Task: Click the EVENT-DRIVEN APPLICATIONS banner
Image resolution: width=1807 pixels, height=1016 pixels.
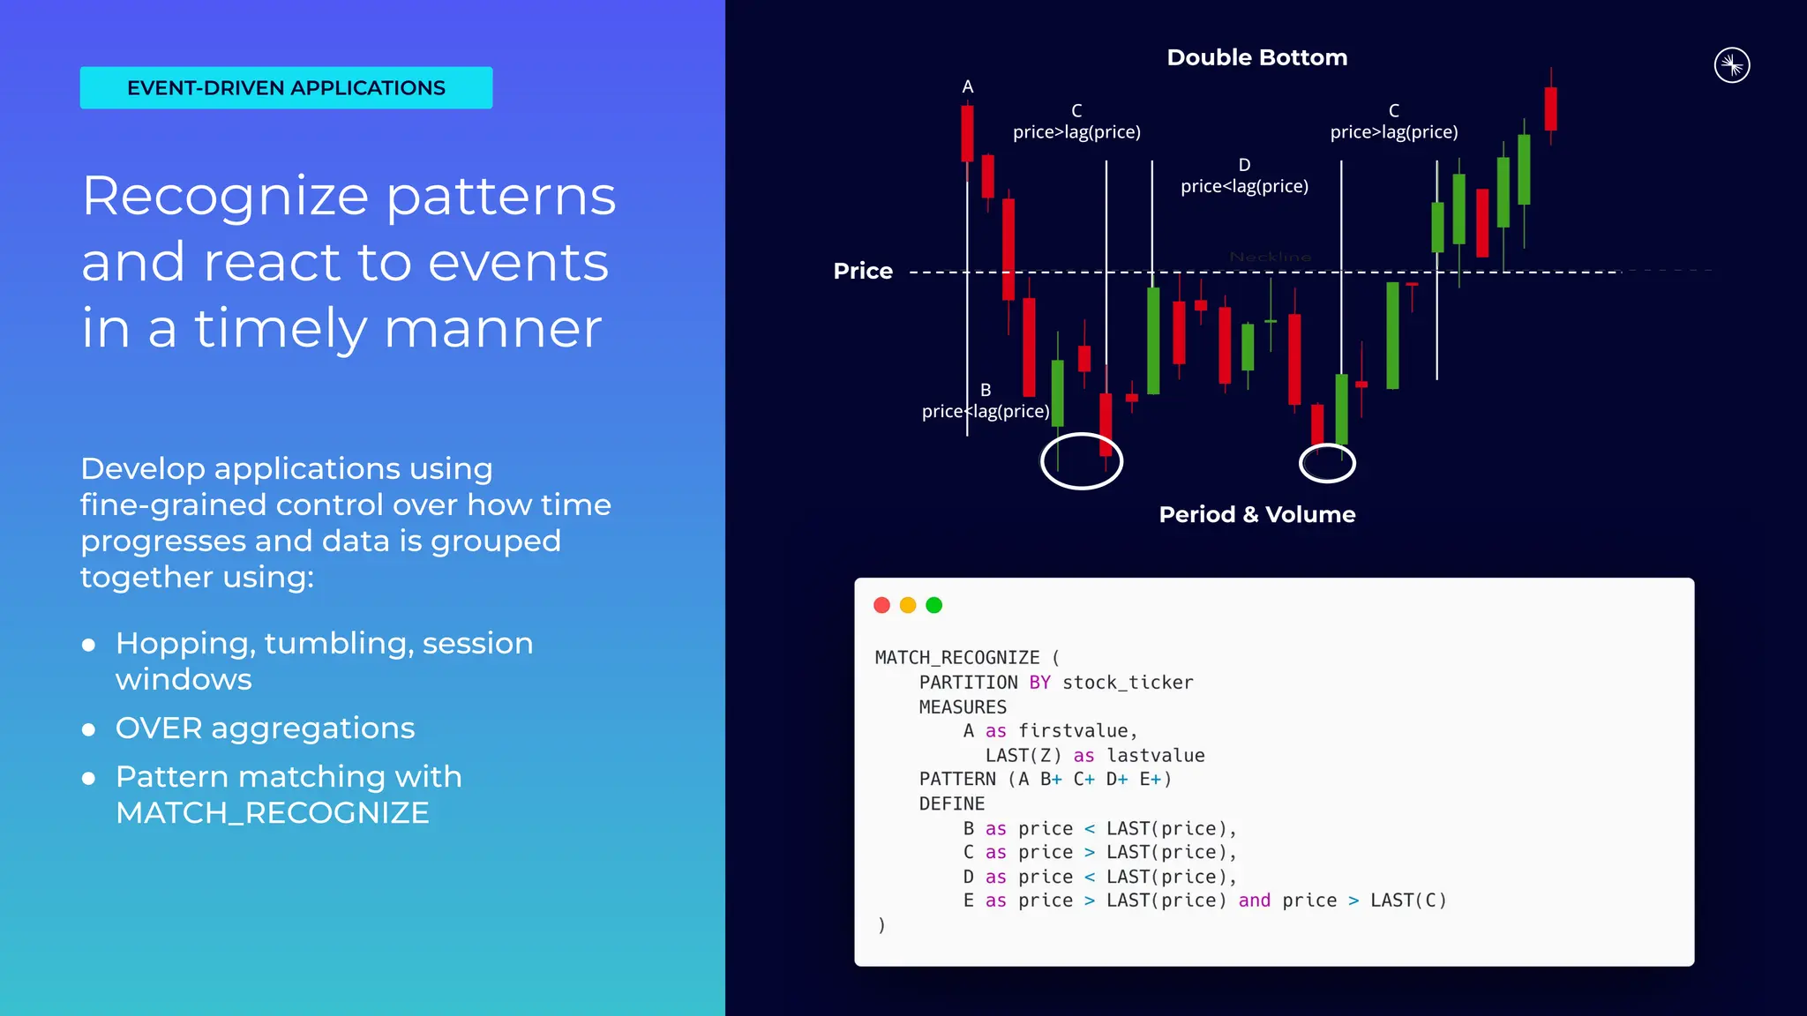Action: (x=286, y=88)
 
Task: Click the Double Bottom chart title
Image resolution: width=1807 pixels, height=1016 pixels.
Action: (x=1256, y=58)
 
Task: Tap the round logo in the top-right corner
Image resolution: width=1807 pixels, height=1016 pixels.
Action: (x=1731, y=65)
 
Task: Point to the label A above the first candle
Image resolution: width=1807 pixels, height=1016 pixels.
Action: (x=968, y=87)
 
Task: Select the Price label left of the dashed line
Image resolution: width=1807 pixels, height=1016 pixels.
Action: (x=862, y=271)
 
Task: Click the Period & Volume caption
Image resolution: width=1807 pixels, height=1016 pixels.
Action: (x=1256, y=515)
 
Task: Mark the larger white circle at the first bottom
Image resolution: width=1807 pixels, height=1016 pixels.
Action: (x=1081, y=460)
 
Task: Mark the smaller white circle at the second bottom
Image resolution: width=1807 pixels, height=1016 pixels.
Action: (x=1326, y=463)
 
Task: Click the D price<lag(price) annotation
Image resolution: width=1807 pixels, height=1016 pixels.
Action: (x=1244, y=176)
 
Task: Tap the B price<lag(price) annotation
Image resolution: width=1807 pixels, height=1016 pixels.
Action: (x=986, y=402)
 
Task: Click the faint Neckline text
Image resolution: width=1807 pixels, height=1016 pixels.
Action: (x=1270, y=257)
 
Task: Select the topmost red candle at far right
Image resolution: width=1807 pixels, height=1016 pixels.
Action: (x=1550, y=108)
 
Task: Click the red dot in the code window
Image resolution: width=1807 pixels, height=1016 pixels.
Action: (x=881, y=605)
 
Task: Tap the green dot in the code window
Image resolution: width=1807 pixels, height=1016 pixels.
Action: (x=933, y=605)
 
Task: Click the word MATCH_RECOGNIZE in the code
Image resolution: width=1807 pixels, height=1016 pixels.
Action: (x=957, y=658)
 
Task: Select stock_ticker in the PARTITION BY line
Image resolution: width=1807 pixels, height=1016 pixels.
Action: (x=1127, y=683)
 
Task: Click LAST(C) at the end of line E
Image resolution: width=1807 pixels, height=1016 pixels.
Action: (x=1407, y=900)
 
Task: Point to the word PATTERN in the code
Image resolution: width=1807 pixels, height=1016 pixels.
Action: (x=957, y=780)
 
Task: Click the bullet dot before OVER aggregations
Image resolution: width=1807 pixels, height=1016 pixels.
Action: (x=88, y=729)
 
